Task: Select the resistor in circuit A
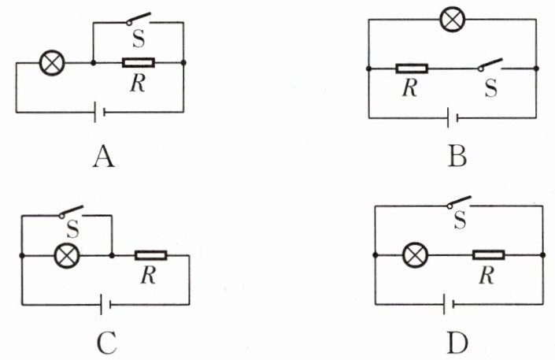coord(139,62)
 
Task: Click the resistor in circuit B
coord(412,69)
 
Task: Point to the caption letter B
coord(457,157)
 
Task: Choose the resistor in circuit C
coord(150,254)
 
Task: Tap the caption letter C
coord(107,343)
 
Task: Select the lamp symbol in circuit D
coord(413,254)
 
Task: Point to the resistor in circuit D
coord(489,254)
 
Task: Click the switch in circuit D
coord(459,204)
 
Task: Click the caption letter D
coord(457,343)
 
